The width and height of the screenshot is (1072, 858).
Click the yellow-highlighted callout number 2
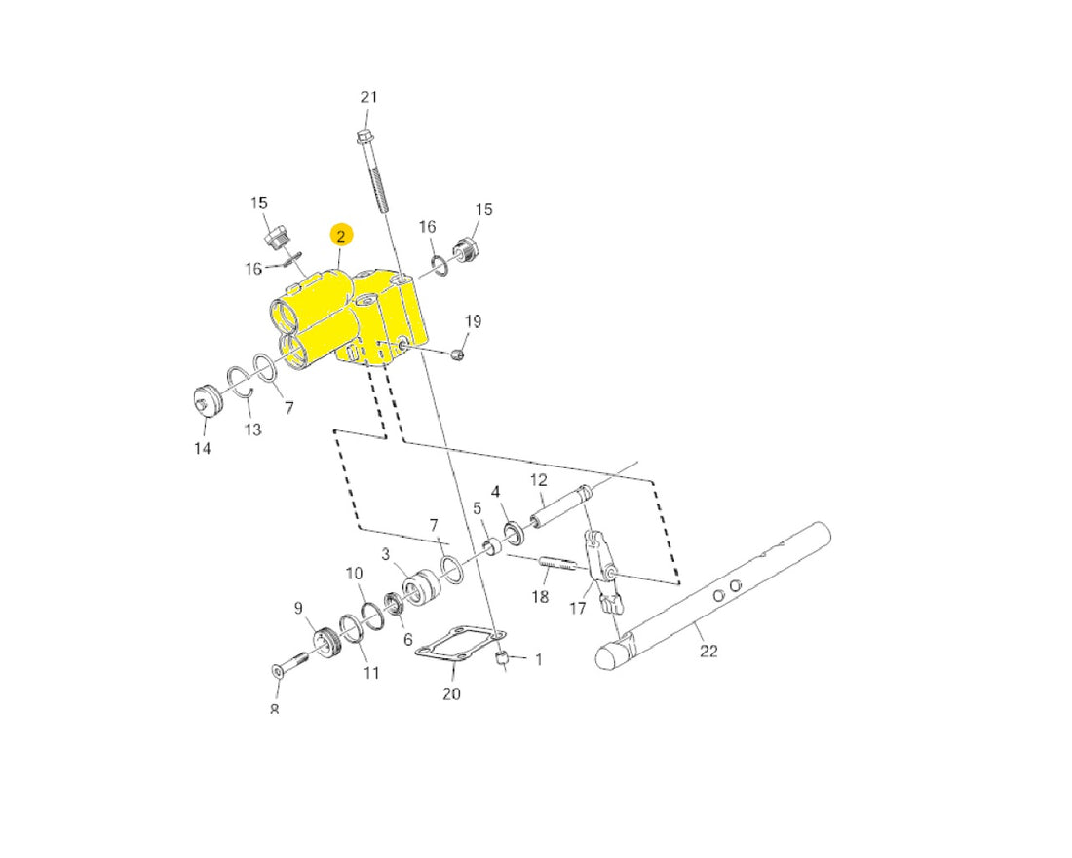341,236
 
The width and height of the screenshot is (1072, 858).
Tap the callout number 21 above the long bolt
368,97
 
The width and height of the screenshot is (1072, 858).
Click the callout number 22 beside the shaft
708,651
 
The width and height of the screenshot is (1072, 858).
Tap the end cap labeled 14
208,401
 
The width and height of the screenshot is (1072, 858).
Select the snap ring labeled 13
241,384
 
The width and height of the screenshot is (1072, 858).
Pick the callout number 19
473,321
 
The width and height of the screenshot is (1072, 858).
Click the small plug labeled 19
458,354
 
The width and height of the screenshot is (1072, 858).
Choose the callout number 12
539,480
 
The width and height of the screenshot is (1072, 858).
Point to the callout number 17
578,608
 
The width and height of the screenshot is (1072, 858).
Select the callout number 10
354,574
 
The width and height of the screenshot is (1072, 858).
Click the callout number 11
370,673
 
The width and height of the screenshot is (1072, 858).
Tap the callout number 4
496,491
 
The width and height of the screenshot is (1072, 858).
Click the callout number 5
478,508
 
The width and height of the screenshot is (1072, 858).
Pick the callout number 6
408,639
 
